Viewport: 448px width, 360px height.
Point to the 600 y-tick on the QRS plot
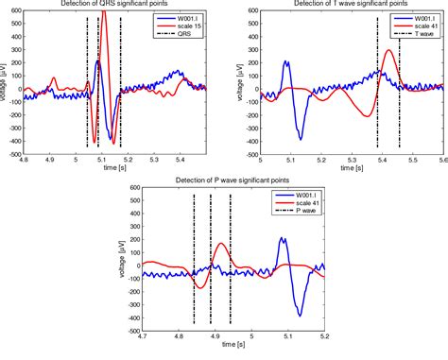point(13,11)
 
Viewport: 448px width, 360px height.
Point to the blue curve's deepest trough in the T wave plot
point(301,139)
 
